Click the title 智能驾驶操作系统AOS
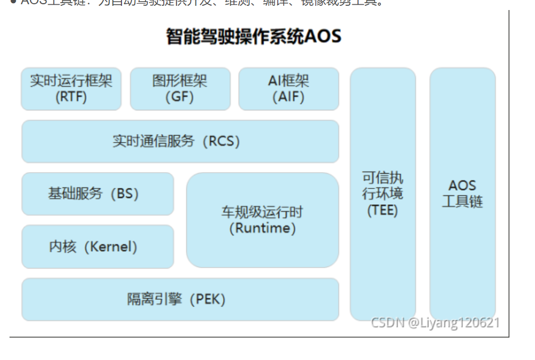pos(254,36)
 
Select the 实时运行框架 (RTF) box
pos(71,89)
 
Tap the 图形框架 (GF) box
pos(180,89)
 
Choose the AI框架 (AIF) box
pos(288,89)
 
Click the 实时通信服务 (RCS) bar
pos(180,141)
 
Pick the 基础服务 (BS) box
pos(97,194)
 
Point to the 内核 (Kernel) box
pos(97,247)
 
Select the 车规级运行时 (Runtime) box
pos(262,220)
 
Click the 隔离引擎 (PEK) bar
pos(180,299)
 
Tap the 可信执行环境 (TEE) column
pos(382,194)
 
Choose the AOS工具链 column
pos(462,194)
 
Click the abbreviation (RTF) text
pos(71,97)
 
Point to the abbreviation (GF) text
pos(180,97)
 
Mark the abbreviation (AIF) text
pos(288,97)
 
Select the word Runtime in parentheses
pos(262,228)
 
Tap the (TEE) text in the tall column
pos(382,210)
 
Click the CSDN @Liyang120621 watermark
pos(435,323)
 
